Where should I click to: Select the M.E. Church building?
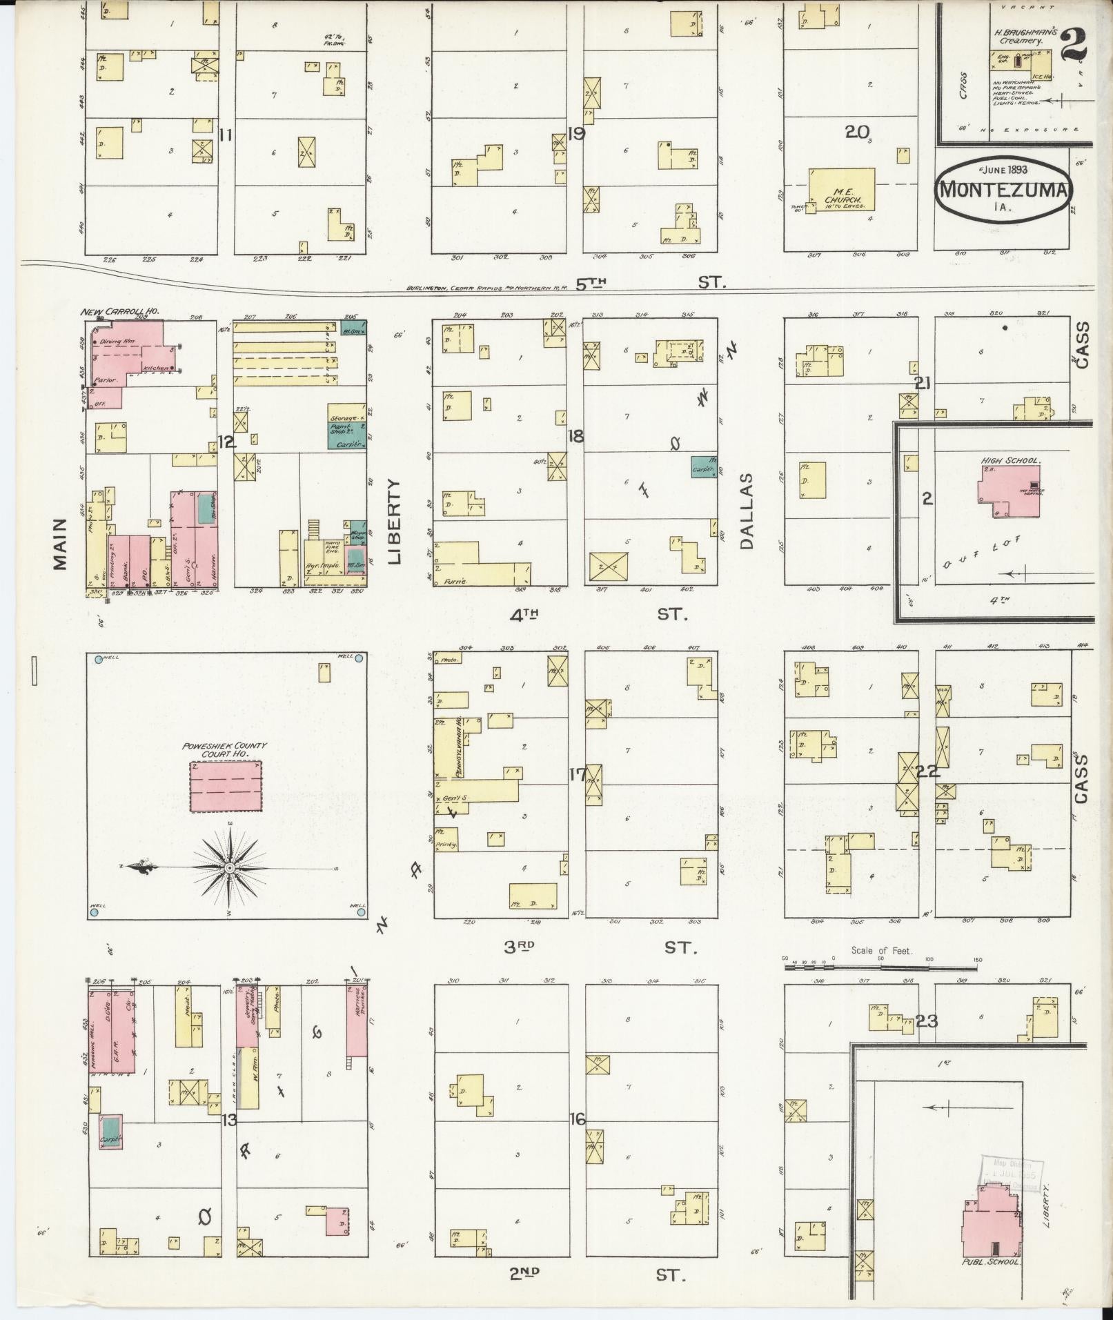click(841, 190)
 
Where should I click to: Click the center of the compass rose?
click(229, 867)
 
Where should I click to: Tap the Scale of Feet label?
click(881, 950)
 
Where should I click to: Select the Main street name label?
click(61, 544)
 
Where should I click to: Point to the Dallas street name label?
click(747, 511)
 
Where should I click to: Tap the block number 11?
click(224, 135)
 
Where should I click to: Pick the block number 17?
click(577, 774)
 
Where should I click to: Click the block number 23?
click(926, 1021)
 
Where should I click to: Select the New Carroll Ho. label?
click(120, 312)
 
